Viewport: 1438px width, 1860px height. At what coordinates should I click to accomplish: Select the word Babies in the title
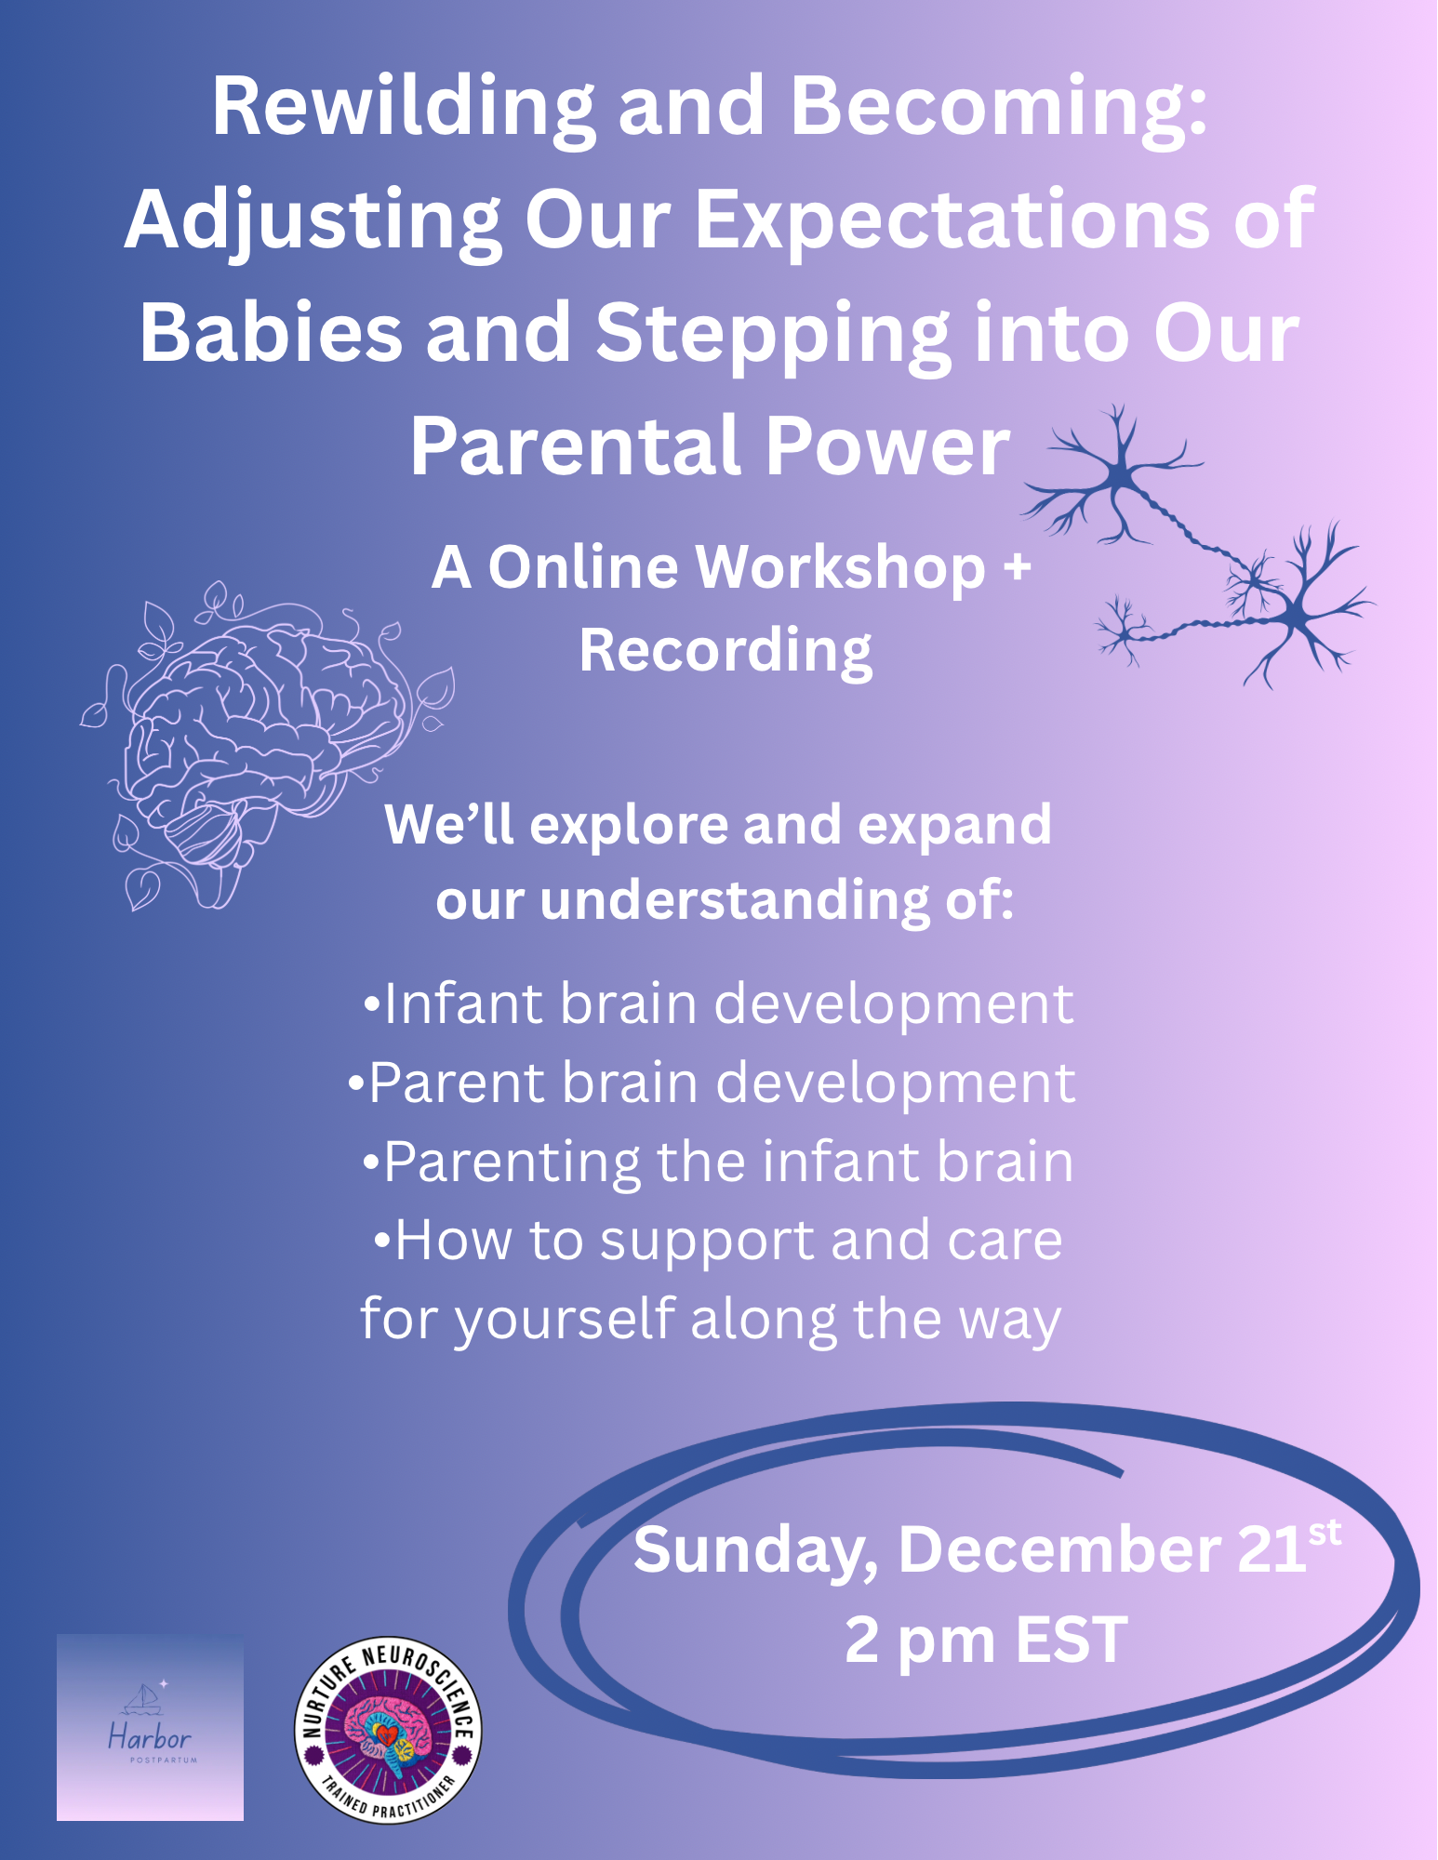coord(271,335)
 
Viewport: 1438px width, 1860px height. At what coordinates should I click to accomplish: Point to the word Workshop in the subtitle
coord(830,567)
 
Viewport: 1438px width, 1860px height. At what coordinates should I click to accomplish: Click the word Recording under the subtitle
coord(726,651)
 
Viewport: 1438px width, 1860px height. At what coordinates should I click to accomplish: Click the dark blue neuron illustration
coord(1200,549)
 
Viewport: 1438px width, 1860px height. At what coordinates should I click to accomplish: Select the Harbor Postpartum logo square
coord(150,1727)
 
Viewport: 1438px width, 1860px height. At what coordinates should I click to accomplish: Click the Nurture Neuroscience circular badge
coord(388,1730)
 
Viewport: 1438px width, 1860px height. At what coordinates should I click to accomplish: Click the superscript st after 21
coord(1325,1533)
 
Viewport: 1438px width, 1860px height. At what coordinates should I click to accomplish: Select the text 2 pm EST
coord(986,1641)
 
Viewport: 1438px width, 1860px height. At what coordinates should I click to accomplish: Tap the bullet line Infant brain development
coord(718,1004)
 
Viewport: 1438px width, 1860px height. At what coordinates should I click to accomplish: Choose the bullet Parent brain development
coord(712,1083)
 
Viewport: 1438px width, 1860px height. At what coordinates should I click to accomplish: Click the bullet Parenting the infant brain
coord(718,1162)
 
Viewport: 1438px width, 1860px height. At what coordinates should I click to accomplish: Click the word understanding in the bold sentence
coord(735,902)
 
